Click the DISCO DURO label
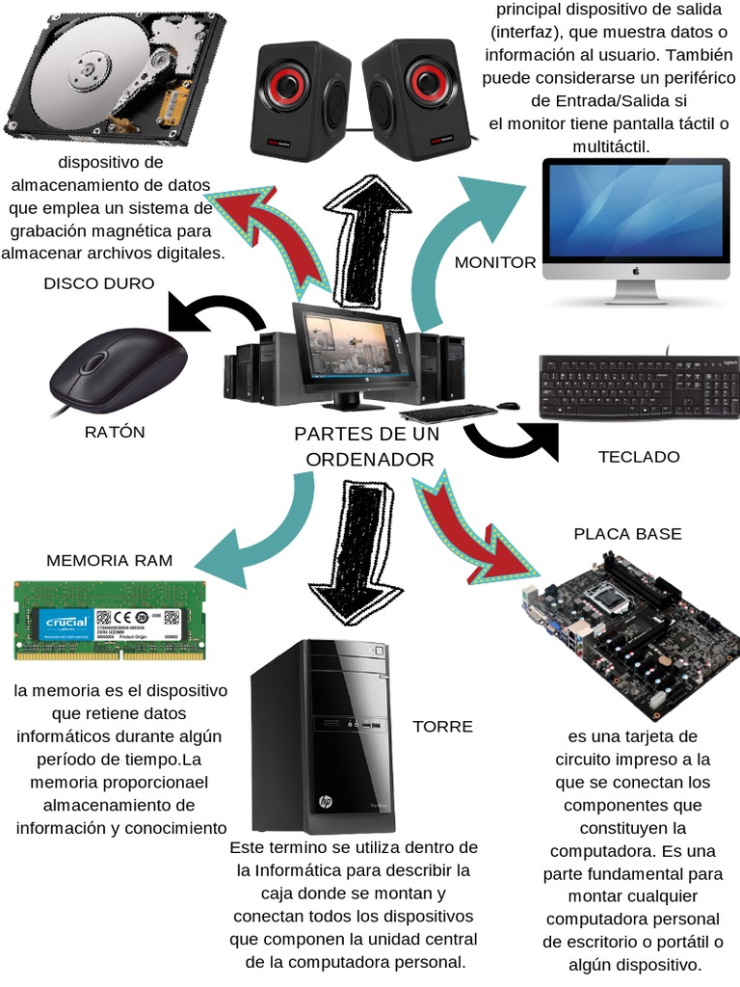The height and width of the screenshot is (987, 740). point(99,283)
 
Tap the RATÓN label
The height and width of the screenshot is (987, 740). point(115,432)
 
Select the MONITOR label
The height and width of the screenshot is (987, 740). point(495,262)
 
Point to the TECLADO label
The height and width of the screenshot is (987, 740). point(639,457)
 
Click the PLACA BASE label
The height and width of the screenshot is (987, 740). point(627,534)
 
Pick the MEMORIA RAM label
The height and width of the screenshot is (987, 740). point(110,560)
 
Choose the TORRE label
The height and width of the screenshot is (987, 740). point(443,726)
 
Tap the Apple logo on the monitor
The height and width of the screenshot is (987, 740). point(636,271)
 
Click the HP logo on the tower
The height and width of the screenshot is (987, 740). point(326,801)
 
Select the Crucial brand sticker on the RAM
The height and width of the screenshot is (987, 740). point(66,623)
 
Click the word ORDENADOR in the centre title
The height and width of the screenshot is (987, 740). point(370,460)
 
